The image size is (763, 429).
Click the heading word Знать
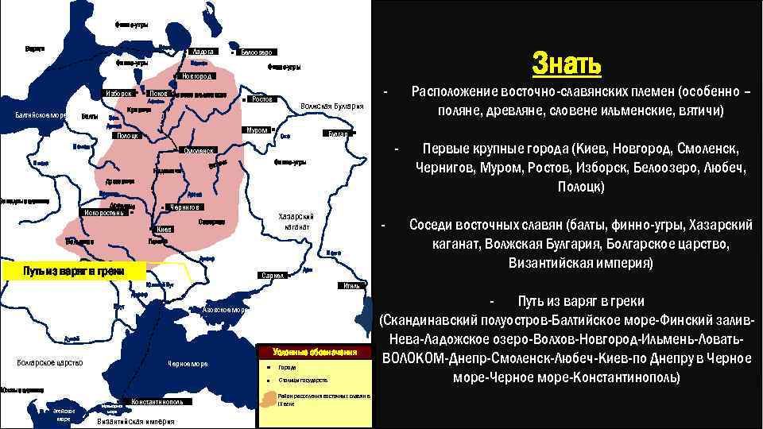pos(566,60)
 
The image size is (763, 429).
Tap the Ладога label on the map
pos(203,52)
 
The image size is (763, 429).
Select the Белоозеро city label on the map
pos(256,52)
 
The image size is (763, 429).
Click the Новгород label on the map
pos(196,76)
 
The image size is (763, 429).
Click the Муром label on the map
pos(256,129)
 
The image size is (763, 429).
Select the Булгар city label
pos(337,134)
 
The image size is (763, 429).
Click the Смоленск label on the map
pos(199,150)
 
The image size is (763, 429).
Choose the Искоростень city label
pos(104,212)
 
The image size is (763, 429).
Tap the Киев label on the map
pos(165,230)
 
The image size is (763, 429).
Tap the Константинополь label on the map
pos(157,402)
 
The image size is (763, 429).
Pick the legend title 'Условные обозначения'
pos(316,352)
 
